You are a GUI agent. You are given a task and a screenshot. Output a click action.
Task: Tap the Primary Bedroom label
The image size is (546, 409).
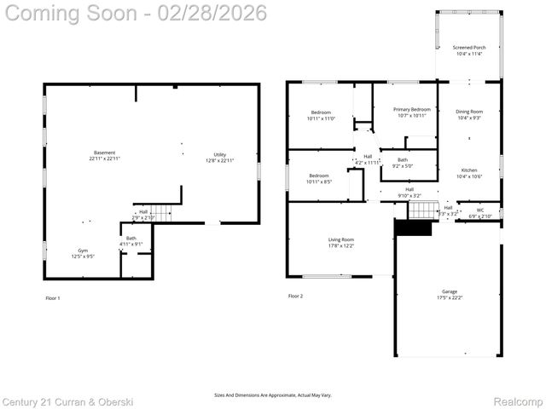412,112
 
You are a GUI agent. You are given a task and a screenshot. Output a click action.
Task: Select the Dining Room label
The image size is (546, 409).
469,115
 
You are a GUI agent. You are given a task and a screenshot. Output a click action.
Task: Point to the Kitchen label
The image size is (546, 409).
469,173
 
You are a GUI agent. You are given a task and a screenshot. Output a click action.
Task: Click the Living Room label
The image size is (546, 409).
341,244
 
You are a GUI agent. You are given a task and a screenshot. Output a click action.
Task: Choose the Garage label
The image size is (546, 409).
449,295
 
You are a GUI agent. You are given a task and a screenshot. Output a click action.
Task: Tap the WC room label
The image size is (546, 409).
480,213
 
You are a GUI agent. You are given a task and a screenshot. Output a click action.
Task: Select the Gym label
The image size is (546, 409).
83,253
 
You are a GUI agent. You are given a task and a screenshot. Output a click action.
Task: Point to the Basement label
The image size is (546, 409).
105,156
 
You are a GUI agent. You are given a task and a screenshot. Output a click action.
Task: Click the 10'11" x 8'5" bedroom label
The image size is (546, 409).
321,179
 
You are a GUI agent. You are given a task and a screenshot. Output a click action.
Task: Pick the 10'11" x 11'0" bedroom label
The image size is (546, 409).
321,116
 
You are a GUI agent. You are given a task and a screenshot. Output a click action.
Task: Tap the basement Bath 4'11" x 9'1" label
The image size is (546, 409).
131,241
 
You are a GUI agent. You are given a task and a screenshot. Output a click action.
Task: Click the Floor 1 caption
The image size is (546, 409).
53,298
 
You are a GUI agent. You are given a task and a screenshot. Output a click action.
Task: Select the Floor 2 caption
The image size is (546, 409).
295,296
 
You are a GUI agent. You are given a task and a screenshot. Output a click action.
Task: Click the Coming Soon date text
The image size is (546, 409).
134,13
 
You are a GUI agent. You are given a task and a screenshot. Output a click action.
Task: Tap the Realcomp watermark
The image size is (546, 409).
520,400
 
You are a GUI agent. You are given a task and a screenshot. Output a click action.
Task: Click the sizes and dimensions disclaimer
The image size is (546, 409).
272,395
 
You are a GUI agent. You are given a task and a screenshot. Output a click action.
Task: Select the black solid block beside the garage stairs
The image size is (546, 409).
413,228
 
